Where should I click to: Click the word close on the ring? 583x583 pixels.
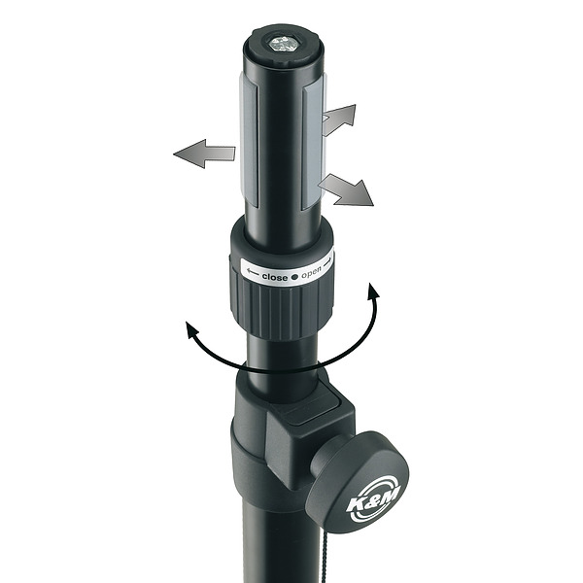274,277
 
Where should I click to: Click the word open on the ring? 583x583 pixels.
311,274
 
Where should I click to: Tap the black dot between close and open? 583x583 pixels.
294,277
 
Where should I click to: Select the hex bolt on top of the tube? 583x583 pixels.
283,45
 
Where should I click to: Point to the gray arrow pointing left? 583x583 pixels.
204,154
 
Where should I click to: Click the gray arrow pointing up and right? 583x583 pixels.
339,120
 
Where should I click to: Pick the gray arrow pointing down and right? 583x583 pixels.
346,190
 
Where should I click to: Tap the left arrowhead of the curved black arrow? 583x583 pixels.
191,330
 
